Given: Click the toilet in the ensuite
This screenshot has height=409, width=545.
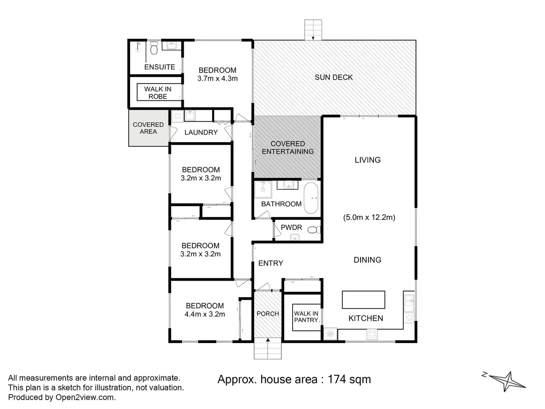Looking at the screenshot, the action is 154,48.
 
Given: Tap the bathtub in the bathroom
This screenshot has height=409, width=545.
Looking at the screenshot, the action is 311,198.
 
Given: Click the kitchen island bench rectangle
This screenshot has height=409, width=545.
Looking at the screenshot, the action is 363,300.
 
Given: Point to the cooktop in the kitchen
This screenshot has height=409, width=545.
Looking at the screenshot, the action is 372,334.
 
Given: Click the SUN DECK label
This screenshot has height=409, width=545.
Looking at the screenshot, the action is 334,77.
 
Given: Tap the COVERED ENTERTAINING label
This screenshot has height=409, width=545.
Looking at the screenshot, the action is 288,147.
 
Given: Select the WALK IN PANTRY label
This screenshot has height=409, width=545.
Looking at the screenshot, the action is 306,317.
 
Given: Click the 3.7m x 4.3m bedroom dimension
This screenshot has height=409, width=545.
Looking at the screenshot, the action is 217,79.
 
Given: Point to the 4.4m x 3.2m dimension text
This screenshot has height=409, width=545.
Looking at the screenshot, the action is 205,314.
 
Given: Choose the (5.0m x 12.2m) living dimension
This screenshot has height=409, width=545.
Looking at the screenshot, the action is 369,217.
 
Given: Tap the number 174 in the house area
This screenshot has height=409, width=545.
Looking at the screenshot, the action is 337,379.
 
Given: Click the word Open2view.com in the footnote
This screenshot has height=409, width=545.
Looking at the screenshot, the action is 86,397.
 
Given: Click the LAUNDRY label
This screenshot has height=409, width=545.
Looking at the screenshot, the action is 201,132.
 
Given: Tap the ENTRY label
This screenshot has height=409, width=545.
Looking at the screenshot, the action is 271,263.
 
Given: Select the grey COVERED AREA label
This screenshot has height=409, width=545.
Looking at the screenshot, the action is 148,128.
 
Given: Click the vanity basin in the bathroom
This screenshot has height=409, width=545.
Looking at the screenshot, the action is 288,185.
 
